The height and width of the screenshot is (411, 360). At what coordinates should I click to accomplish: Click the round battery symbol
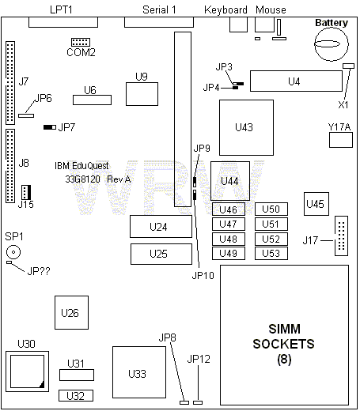click(x=332, y=44)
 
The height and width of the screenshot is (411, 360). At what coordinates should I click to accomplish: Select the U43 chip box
click(x=246, y=127)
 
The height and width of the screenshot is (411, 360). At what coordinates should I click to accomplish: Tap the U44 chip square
click(x=230, y=181)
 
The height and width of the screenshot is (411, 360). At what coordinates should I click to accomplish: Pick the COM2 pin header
click(x=81, y=42)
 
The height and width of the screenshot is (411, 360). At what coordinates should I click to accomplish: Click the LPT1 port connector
click(x=63, y=22)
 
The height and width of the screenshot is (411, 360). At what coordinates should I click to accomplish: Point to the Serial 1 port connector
click(x=159, y=22)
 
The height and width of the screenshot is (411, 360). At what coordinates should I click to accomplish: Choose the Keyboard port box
click(x=238, y=25)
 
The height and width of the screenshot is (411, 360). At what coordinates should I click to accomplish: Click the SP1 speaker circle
click(x=13, y=252)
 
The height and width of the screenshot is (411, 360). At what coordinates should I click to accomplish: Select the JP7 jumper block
click(x=50, y=127)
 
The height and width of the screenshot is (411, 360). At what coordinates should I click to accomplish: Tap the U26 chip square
click(x=71, y=312)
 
